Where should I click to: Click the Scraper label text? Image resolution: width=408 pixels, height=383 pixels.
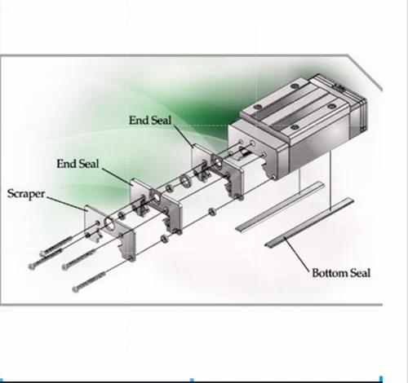[26, 194]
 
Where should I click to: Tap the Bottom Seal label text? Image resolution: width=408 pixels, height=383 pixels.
[341, 273]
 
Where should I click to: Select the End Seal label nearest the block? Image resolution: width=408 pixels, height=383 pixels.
[150, 121]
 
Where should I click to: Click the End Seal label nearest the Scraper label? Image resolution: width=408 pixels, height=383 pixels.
[78, 164]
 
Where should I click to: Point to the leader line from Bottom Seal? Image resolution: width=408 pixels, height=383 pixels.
[297, 255]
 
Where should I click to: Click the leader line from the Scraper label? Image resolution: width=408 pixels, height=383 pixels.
[66, 203]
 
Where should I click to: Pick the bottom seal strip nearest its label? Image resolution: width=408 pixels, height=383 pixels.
[309, 222]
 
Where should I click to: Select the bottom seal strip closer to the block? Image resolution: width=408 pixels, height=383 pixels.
[280, 207]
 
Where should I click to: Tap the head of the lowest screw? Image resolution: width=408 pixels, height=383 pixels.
[75, 289]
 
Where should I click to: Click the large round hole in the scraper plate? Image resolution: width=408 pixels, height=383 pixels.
[109, 223]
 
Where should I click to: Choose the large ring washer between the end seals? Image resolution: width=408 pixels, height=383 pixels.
[186, 181]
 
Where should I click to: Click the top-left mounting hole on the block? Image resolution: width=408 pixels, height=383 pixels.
[259, 106]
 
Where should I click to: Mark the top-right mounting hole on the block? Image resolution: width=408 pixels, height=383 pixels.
[294, 86]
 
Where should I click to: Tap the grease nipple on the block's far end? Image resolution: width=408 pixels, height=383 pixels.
[339, 86]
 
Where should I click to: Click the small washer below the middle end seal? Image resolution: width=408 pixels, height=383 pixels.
[164, 239]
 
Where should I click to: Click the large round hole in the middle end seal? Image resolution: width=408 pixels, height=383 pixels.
[156, 196]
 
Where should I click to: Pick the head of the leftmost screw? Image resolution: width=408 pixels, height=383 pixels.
[32, 266]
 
